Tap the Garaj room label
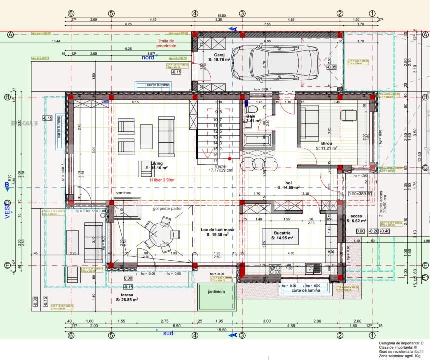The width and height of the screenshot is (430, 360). tap(219, 55)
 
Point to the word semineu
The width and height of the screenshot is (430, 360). tap(123, 192)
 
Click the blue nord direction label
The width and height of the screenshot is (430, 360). tap(148, 57)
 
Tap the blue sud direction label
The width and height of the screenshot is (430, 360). tap(168, 333)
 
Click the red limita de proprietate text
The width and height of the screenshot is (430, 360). tap(166, 43)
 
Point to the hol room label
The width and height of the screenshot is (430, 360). tap(288, 183)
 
